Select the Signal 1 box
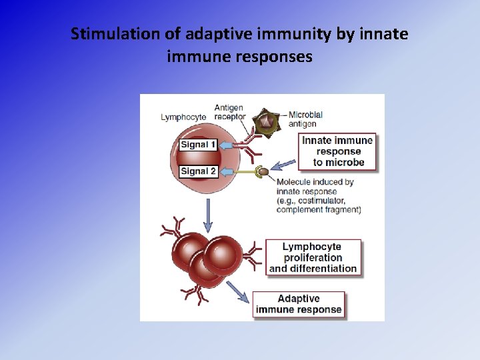(199, 145)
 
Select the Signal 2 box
(199, 171)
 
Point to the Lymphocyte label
(184, 117)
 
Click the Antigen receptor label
(229, 113)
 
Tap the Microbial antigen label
(305, 118)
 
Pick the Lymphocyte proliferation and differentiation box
(313, 257)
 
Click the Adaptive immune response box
(299, 304)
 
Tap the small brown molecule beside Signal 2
(264, 171)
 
